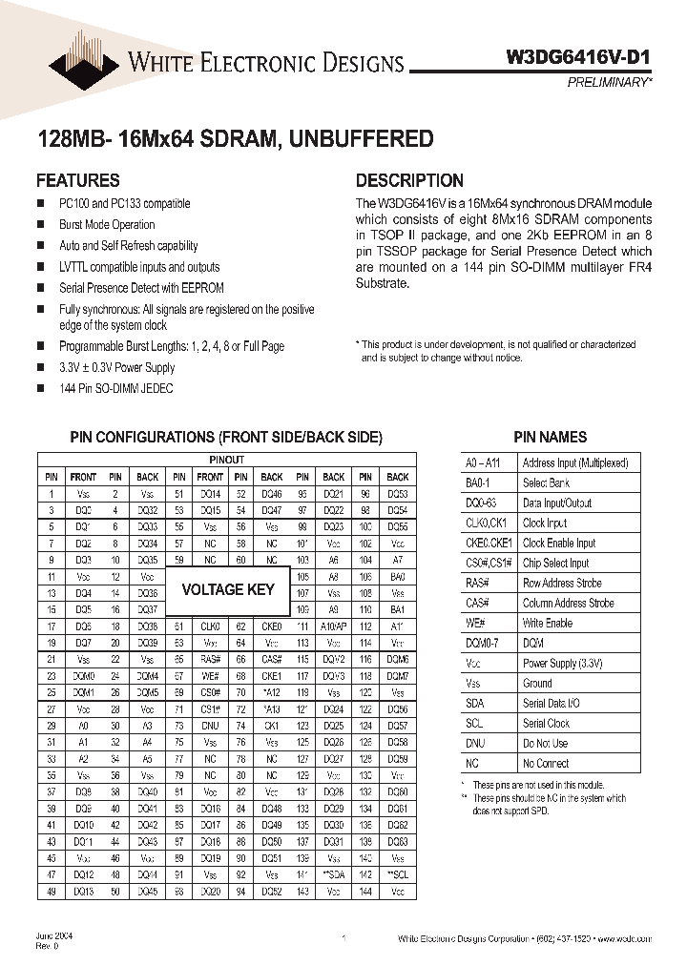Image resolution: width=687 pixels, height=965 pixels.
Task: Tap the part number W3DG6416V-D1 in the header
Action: [x=577, y=58]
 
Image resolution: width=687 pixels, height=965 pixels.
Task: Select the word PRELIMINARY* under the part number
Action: [x=608, y=83]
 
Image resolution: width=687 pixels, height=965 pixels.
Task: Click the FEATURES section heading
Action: [x=77, y=180]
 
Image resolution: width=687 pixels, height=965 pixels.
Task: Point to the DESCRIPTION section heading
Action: [x=409, y=180]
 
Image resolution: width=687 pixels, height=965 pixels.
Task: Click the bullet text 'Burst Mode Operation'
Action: [x=107, y=225]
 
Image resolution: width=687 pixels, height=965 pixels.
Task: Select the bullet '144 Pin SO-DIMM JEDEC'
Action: [x=116, y=388]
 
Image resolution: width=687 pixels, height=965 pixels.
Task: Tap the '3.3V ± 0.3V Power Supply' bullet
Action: [x=117, y=367]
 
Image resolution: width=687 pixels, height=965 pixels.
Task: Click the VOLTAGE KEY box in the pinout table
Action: [x=228, y=589]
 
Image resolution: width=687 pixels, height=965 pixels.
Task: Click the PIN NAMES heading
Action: [x=550, y=437]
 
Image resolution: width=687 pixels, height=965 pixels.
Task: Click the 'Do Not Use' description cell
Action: [x=545, y=743]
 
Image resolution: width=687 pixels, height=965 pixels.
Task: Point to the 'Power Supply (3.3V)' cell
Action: [x=563, y=663]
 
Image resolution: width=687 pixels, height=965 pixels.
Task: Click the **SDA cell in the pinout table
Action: [x=333, y=874]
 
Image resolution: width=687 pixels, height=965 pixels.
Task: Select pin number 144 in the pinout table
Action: [x=365, y=892]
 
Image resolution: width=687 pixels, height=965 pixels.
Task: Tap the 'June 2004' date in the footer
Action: [x=54, y=936]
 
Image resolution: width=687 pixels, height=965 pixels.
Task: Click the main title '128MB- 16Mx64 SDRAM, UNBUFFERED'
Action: [x=235, y=139]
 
